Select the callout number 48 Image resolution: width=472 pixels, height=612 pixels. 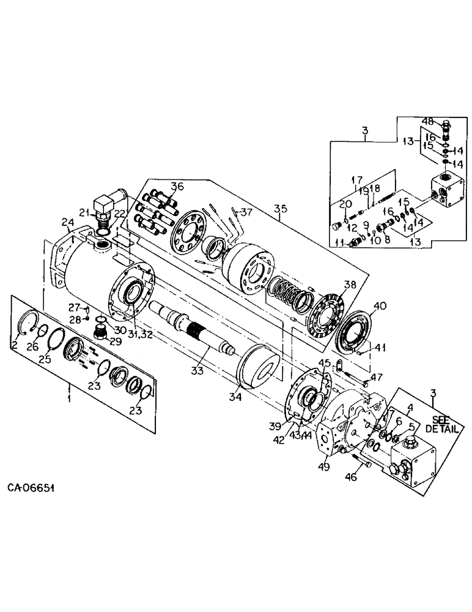coord(427,122)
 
